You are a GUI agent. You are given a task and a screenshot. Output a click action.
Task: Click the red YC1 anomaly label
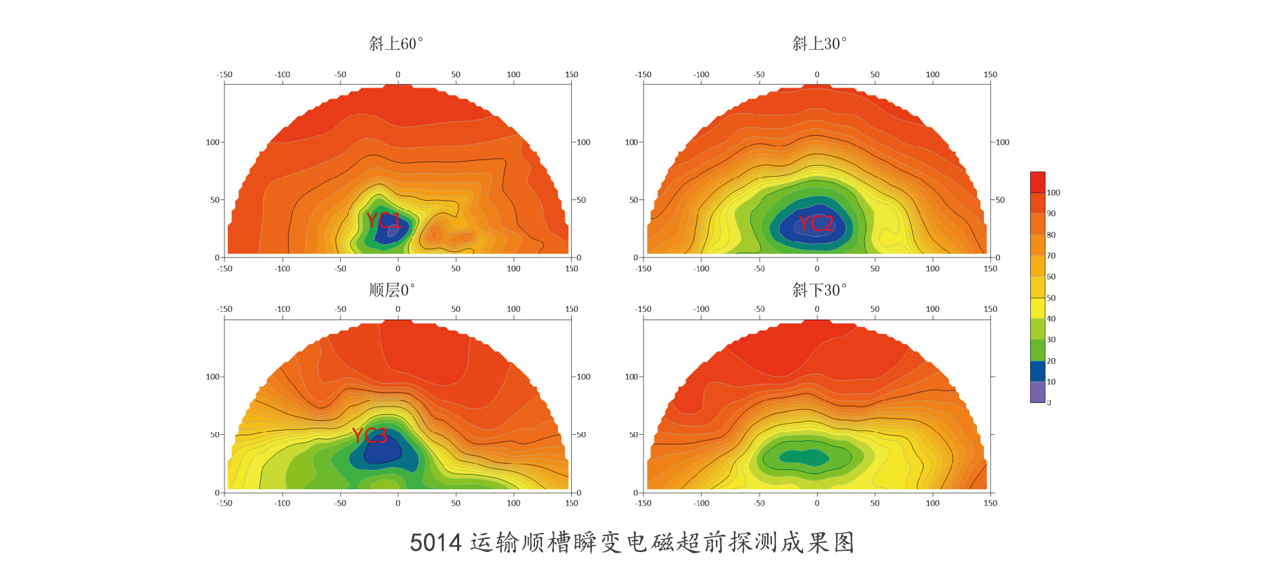383,221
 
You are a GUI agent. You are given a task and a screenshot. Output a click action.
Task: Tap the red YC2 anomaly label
816,223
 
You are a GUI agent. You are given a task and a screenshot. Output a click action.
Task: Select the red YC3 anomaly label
369,435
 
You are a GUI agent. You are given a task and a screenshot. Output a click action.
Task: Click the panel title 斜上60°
396,44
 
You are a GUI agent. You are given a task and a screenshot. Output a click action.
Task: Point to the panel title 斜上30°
820,44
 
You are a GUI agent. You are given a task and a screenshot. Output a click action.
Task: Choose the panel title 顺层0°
391,290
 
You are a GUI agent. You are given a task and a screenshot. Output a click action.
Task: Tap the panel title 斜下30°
820,290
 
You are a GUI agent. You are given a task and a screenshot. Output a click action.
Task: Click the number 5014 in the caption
436,542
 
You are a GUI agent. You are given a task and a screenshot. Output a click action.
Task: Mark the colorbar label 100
1053,193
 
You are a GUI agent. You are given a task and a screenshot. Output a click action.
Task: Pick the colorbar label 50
1051,298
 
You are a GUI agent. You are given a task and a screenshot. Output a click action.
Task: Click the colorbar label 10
1051,382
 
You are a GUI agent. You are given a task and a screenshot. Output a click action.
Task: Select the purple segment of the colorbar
1037,392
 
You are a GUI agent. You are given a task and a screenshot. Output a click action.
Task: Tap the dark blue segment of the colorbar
1037,371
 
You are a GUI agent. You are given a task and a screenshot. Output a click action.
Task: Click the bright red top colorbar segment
1037,182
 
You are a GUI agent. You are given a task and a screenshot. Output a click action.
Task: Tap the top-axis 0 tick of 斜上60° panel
398,75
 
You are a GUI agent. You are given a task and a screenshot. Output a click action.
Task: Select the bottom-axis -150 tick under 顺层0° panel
225,503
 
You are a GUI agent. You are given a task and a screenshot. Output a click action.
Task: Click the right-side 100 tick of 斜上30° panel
1003,142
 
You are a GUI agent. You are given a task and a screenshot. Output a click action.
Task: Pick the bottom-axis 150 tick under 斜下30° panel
990,503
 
